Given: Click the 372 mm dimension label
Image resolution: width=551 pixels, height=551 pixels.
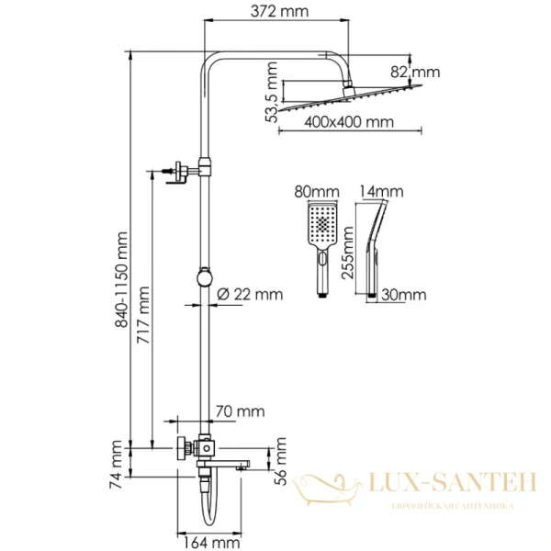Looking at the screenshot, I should (x=280, y=13).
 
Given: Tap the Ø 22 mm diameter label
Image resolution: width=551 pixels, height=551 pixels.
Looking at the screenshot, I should (x=250, y=294).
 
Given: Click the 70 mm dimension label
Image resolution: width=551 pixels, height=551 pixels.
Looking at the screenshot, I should (x=237, y=412).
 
